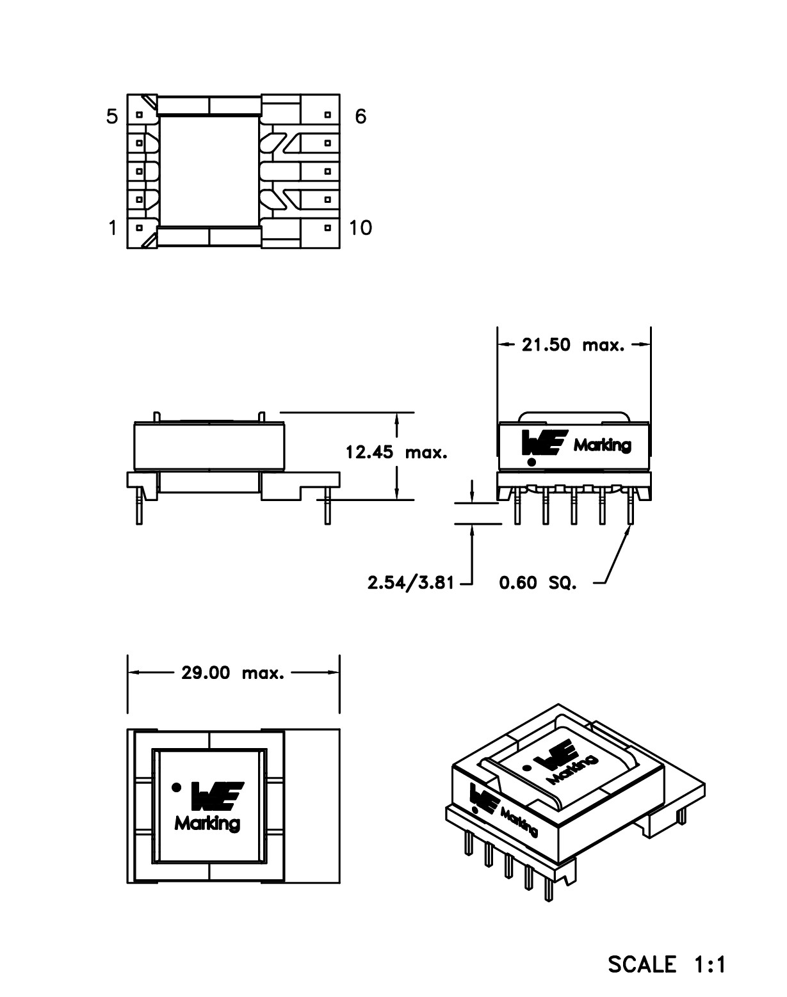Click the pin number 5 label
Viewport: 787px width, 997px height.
point(113,116)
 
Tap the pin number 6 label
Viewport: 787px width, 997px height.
point(361,116)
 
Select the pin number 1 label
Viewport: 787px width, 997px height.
point(113,228)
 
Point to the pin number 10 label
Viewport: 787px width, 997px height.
point(361,228)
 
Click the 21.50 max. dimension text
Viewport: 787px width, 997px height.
point(572,345)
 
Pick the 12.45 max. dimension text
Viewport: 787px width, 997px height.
point(396,452)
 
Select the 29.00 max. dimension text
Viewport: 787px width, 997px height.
point(232,673)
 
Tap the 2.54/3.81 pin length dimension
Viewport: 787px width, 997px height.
point(410,583)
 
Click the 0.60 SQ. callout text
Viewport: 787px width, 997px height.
point(538,584)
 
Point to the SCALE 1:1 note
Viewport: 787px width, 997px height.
point(667,964)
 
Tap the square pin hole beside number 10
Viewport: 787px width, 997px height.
point(328,227)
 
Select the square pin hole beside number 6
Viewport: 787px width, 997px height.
point(328,115)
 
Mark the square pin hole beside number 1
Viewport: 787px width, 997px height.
point(139,227)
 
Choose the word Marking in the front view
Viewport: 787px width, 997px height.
point(602,445)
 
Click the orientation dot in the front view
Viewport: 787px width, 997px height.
point(531,462)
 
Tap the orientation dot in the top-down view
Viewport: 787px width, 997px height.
point(177,788)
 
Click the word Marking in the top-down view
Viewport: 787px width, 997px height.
point(207,824)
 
